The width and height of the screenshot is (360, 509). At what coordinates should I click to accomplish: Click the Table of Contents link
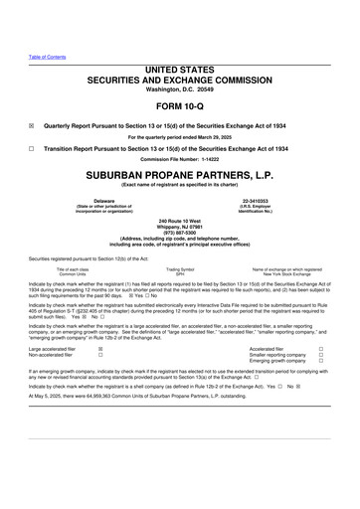[x=46, y=57]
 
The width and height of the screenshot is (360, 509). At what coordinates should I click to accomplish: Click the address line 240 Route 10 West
[x=180, y=218]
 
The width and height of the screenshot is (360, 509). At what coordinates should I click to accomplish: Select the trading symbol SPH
[x=179, y=274]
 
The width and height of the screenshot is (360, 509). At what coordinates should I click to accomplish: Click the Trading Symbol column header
[x=179, y=269]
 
